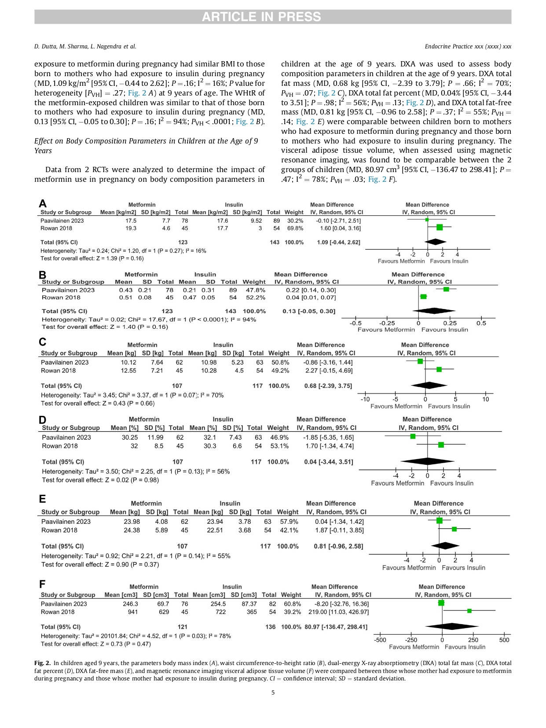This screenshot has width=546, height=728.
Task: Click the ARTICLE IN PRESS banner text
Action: [x=261, y=17]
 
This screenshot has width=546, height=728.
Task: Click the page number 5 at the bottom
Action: [x=273, y=692]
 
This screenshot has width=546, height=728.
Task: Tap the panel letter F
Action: [x=42, y=584]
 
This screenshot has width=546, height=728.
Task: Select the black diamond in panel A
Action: [x=436, y=242]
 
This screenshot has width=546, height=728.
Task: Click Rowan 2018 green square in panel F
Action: [x=469, y=611]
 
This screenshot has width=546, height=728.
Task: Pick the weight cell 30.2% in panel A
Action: [x=295, y=221]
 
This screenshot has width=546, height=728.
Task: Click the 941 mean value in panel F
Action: [x=132, y=612]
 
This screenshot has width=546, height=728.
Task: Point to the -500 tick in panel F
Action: [x=380, y=640]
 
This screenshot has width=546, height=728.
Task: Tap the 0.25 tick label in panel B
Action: [x=450, y=323]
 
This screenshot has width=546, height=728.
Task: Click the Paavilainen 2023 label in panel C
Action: [x=65, y=362]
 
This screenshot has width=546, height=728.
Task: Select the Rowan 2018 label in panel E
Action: [x=59, y=530]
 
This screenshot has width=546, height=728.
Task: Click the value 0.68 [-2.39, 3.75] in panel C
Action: [x=328, y=386]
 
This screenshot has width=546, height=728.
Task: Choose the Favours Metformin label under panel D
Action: [x=397, y=483]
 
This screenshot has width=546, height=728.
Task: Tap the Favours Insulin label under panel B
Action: [x=444, y=330]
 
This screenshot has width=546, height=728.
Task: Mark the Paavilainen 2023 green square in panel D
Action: [x=413, y=436]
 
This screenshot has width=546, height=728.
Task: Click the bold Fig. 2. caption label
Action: [x=42, y=663]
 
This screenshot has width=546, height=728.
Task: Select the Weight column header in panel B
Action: [x=254, y=282]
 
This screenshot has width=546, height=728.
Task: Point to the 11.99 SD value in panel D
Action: [x=155, y=438]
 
